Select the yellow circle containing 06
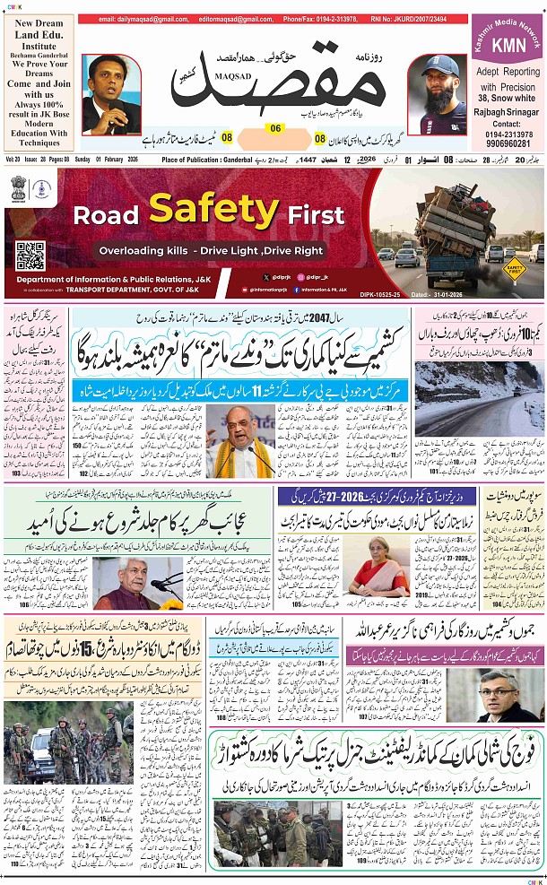coord(274,128)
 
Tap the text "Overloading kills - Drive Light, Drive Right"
coord(212,252)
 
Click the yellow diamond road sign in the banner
coord(514,266)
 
